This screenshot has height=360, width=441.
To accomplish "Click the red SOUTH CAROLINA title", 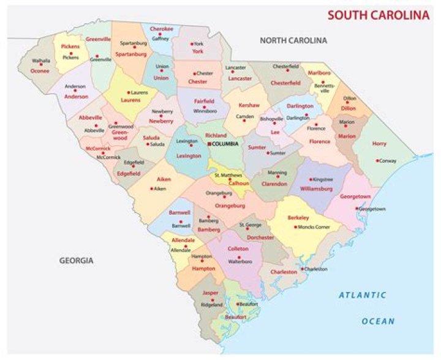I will [x=378, y=15].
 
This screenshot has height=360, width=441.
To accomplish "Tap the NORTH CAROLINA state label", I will [x=293, y=40].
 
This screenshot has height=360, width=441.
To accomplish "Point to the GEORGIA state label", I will [x=77, y=260].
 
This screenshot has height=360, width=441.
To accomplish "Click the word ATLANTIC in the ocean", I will [x=363, y=295].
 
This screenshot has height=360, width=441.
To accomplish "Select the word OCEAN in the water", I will [x=378, y=321].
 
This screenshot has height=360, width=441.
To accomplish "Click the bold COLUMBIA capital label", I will [x=226, y=143].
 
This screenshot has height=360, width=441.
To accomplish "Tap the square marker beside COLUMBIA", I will [x=208, y=143].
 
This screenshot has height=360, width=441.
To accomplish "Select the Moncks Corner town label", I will [x=314, y=227].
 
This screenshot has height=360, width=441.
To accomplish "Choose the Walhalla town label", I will [x=41, y=61].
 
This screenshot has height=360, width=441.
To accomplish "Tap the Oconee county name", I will [x=40, y=71].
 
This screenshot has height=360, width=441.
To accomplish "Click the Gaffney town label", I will [x=160, y=37].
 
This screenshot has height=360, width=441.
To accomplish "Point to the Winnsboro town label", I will [x=205, y=112].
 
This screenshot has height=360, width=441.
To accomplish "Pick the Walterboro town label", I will [x=240, y=261].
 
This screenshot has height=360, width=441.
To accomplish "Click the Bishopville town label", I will [x=271, y=119].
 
